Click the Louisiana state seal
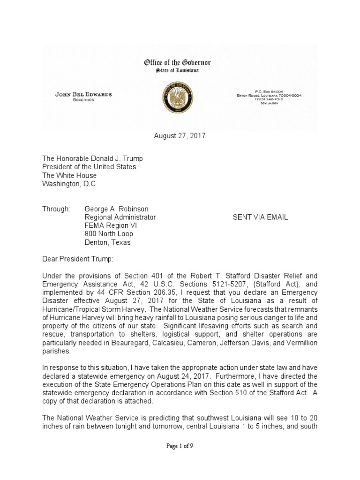point(180,95)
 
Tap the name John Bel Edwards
point(84,95)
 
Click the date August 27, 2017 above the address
point(180,136)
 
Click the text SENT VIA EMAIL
point(261,217)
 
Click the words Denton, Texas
point(107,242)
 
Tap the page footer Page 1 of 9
point(180,446)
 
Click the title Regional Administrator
point(120,217)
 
